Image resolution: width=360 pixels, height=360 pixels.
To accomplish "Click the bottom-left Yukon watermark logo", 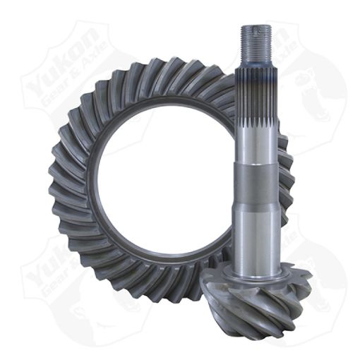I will point(64,282).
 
